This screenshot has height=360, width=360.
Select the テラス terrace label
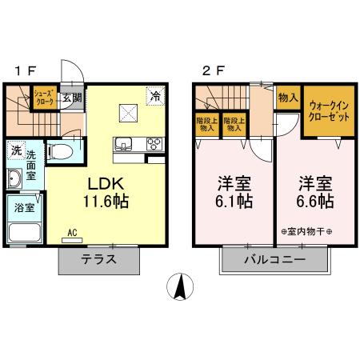click(x=99, y=259)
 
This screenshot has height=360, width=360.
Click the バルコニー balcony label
click(x=274, y=260)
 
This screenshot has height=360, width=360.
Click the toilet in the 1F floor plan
click(x=61, y=151)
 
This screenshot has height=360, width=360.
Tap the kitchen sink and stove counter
click(x=138, y=145)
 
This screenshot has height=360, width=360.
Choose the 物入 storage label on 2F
click(x=287, y=98)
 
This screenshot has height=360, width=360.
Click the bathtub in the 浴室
click(x=26, y=233)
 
